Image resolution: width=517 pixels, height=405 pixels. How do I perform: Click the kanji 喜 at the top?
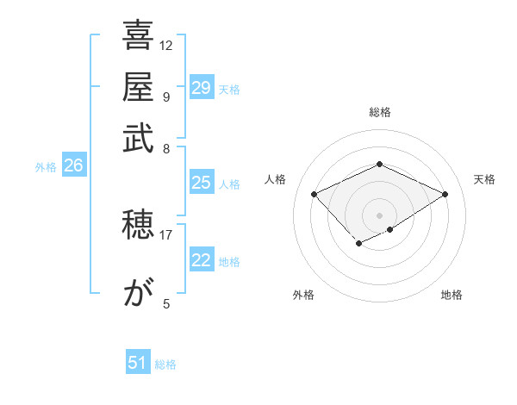pos(138,36)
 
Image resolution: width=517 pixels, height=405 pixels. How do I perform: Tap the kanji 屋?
pos(138,86)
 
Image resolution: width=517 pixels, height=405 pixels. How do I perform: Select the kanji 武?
pos(138,138)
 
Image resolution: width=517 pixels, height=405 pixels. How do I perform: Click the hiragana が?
pos(138,294)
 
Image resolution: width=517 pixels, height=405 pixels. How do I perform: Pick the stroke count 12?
pos(166,45)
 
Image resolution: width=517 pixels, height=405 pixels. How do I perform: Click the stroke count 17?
pos(166,234)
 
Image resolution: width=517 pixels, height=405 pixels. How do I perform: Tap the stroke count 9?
pos(165,97)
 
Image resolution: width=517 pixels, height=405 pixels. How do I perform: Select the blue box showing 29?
pos(202,88)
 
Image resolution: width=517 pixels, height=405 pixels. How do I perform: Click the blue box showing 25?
pos(202,183)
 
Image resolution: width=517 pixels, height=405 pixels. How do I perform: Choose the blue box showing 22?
pos(202,260)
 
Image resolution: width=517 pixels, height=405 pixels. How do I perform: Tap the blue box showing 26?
pos(73,166)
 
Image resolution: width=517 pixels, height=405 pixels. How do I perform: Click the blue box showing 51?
pos(138,363)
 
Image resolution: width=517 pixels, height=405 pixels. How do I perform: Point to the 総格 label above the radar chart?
pos(379,112)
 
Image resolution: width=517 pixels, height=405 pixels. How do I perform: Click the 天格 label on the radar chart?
pos(484,179)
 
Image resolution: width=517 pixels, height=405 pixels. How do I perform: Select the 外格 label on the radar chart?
pos(302,295)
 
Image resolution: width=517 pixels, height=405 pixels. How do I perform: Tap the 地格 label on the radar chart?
pos(452,295)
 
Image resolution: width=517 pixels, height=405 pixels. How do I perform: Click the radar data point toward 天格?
pos(445,195)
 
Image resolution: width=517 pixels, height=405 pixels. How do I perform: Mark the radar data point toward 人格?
pos(315,194)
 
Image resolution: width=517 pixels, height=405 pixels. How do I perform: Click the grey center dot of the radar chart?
pos(379,215)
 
